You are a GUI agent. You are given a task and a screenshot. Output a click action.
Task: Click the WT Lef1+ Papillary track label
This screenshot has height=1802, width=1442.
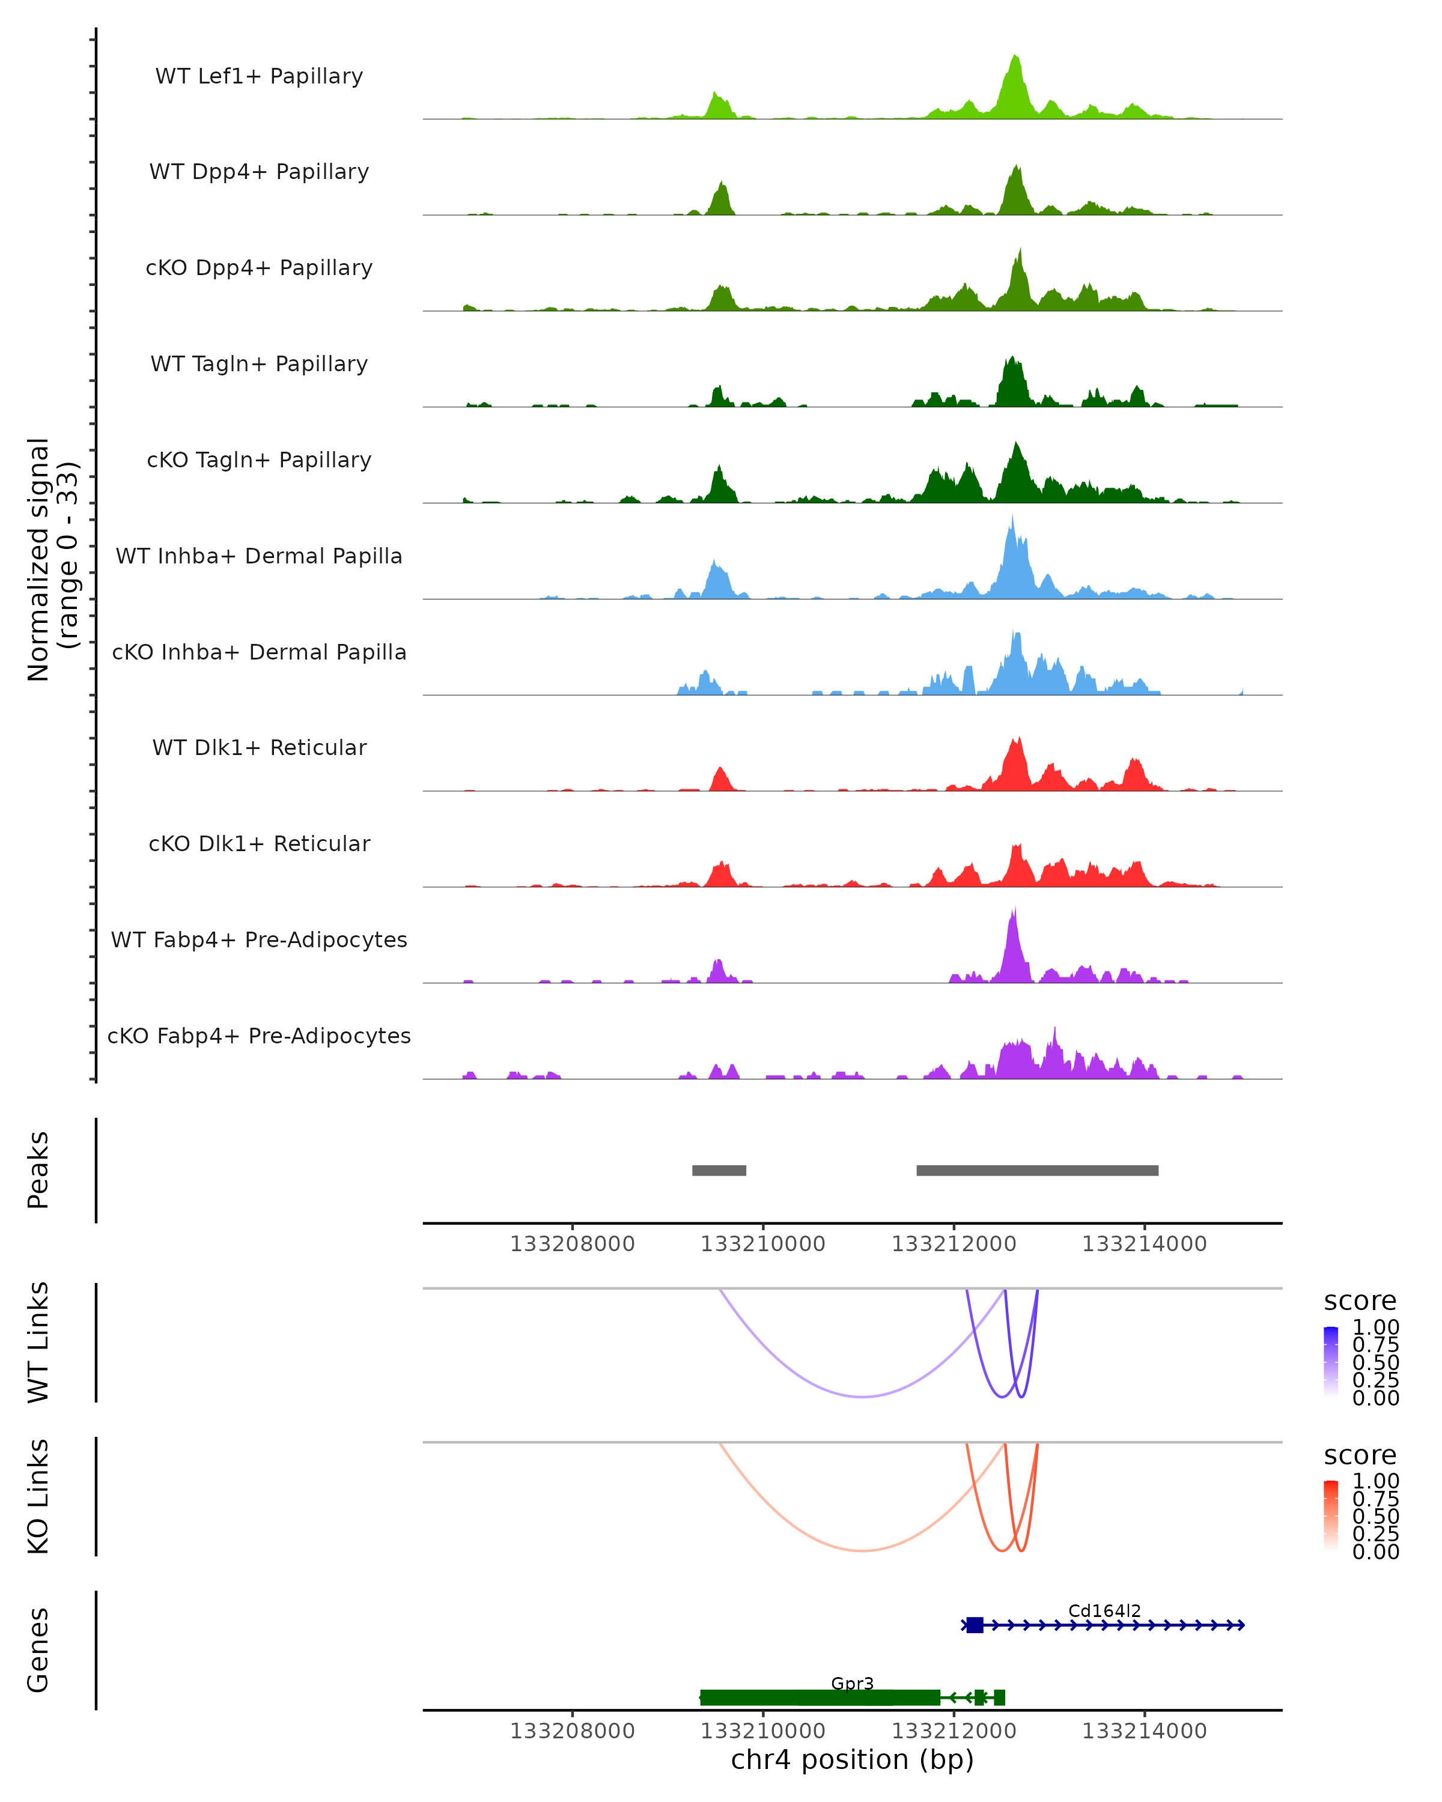click(x=259, y=76)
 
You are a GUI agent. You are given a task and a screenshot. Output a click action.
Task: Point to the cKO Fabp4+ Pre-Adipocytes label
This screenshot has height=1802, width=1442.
click(x=259, y=1036)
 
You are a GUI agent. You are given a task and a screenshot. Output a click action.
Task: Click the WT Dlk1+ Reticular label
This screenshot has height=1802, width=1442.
click(x=259, y=747)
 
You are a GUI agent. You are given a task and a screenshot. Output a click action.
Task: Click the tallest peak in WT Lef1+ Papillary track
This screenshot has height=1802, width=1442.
click(x=1015, y=58)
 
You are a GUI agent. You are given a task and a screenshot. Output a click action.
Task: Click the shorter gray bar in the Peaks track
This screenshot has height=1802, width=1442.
click(x=719, y=1170)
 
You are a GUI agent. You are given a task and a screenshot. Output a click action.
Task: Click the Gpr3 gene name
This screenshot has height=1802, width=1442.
click(x=852, y=1683)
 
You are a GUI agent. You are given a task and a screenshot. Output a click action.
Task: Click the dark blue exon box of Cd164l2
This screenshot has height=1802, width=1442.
click(x=975, y=1625)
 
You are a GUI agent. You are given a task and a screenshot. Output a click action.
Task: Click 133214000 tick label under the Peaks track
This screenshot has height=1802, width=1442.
click(x=1145, y=1244)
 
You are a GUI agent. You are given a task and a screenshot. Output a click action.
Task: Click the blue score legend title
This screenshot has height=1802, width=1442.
click(x=1360, y=1302)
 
